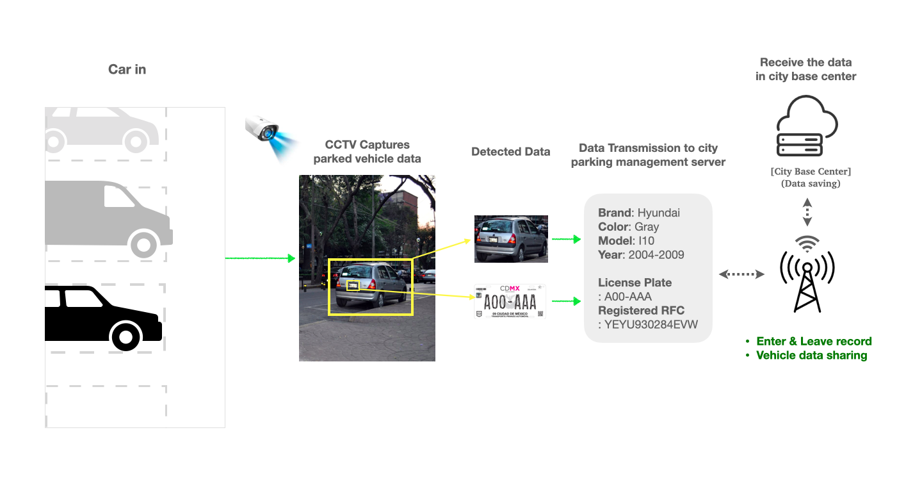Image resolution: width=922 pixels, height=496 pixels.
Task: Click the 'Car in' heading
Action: pyautogui.click(x=127, y=70)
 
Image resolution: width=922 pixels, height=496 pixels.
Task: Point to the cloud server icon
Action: pyautogui.click(x=807, y=126)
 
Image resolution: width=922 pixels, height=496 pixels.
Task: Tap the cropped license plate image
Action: pyautogui.click(x=510, y=301)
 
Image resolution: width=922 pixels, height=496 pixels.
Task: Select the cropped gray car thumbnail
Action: pyautogui.click(x=511, y=239)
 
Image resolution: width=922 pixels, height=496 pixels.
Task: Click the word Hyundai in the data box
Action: pyautogui.click(x=659, y=213)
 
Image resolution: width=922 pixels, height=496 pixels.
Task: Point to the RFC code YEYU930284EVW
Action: pyautogui.click(x=651, y=324)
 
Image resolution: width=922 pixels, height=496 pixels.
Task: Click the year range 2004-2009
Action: pyautogui.click(x=656, y=255)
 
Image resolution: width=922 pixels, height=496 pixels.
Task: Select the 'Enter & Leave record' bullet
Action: pyautogui.click(x=814, y=342)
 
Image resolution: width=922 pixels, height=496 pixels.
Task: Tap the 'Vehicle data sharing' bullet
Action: pyautogui.click(x=811, y=356)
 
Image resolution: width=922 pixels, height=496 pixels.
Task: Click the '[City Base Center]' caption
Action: pyautogui.click(x=811, y=172)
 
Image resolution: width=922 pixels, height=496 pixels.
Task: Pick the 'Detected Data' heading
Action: pyautogui.click(x=510, y=152)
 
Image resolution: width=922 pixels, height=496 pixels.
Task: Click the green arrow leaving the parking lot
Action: pyautogui.click(x=260, y=258)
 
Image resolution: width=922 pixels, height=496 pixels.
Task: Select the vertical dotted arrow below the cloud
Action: pyautogui.click(x=807, y=211)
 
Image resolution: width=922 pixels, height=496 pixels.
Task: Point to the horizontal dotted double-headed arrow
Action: pyautogui.click(x=741, y=274)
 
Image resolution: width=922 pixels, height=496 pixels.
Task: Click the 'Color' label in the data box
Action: pyautogui.click(x=614, y=227)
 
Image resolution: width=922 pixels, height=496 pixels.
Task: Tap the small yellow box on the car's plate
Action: pyautogui.click(x=353, y=286)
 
